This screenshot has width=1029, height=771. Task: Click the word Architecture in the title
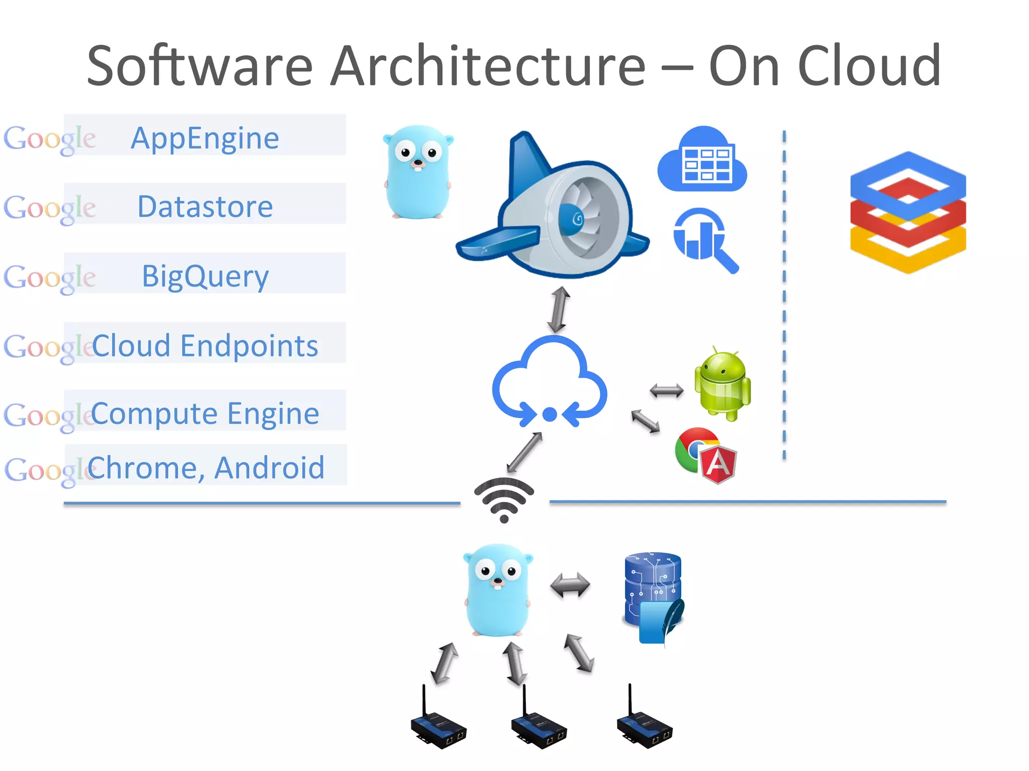(487, 66)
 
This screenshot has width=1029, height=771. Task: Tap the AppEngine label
(205, 138)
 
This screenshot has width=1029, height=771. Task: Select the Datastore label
(205, 207)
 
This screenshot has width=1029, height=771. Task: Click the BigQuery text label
(205, 276)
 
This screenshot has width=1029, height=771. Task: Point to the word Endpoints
(249, 346)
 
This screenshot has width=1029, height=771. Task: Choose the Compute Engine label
(205, 414)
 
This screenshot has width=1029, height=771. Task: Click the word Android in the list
(269, 468)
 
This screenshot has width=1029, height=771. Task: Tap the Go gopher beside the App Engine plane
(418, 172)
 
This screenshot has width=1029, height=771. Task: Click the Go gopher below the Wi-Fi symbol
(497, 590)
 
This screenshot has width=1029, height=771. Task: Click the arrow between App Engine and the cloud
(559, 310)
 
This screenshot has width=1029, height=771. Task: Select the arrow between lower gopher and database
(570, 585)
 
